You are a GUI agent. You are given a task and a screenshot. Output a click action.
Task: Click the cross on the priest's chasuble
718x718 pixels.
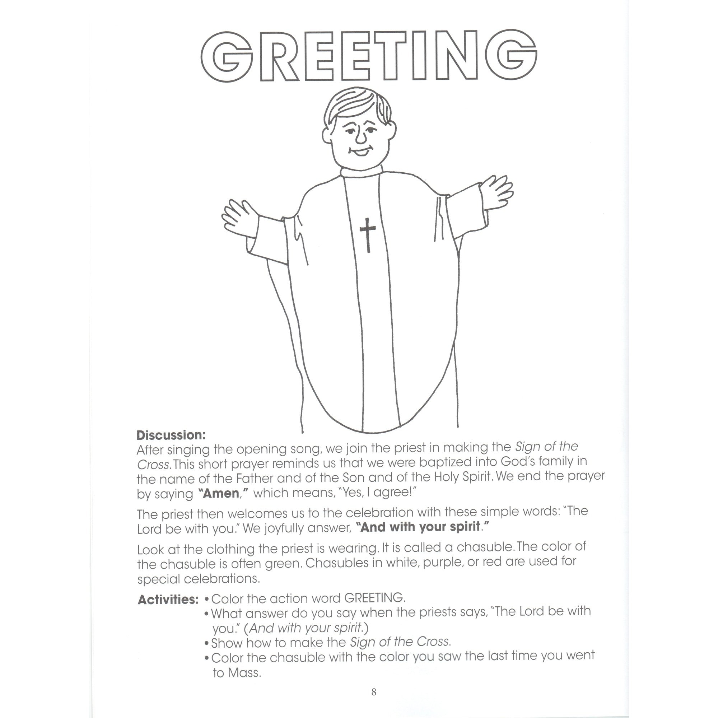pos(368,234)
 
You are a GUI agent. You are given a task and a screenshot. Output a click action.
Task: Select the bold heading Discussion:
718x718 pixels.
pos(171,435)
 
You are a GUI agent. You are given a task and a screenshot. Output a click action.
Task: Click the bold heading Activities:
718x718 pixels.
pos(168,600)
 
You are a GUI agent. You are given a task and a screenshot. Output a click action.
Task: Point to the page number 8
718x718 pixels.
pos(374,692)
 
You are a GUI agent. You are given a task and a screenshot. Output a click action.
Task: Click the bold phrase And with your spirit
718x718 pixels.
pos(422,527)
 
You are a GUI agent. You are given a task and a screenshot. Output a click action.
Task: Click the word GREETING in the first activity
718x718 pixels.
pos(374,598)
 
